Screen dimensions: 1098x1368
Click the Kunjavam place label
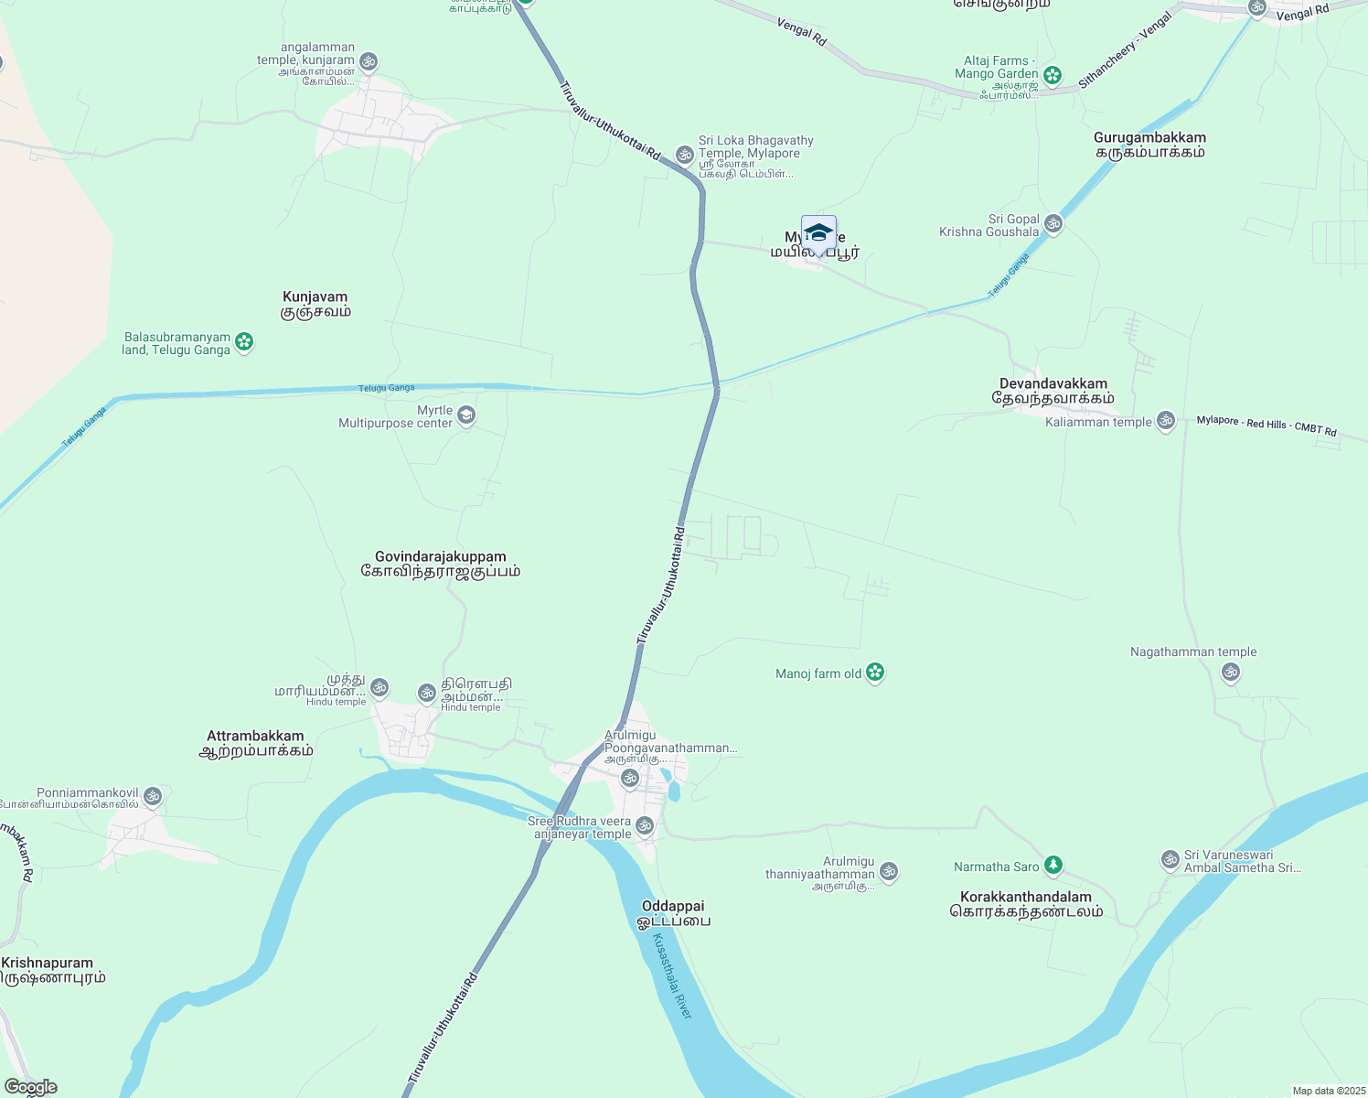point(315,304)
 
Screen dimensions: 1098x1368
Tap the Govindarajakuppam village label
point(440,564)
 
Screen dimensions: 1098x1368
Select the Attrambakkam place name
point(255,743)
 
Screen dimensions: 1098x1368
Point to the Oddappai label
point(673,913)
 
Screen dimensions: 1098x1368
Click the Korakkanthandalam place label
point(1026,904)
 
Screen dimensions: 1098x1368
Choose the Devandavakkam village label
point(1053,391)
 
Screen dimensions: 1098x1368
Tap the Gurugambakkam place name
point(1149,145)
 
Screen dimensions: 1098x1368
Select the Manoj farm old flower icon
point(875,673)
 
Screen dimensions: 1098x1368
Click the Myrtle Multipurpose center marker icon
point(466,416)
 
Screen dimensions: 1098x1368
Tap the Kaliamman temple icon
point(1166,421)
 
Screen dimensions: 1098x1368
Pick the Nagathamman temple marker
point(1231,673)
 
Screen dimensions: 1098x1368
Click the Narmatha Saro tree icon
point(1053,866)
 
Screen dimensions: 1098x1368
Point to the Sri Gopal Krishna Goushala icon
point(1053,223)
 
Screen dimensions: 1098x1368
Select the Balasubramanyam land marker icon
point(244,342)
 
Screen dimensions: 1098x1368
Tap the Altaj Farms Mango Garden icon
point(1053,75)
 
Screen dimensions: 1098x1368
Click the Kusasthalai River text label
point(673,977)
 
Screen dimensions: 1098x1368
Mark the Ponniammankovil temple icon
point(153,796)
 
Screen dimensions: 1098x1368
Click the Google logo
point(30,1087)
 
